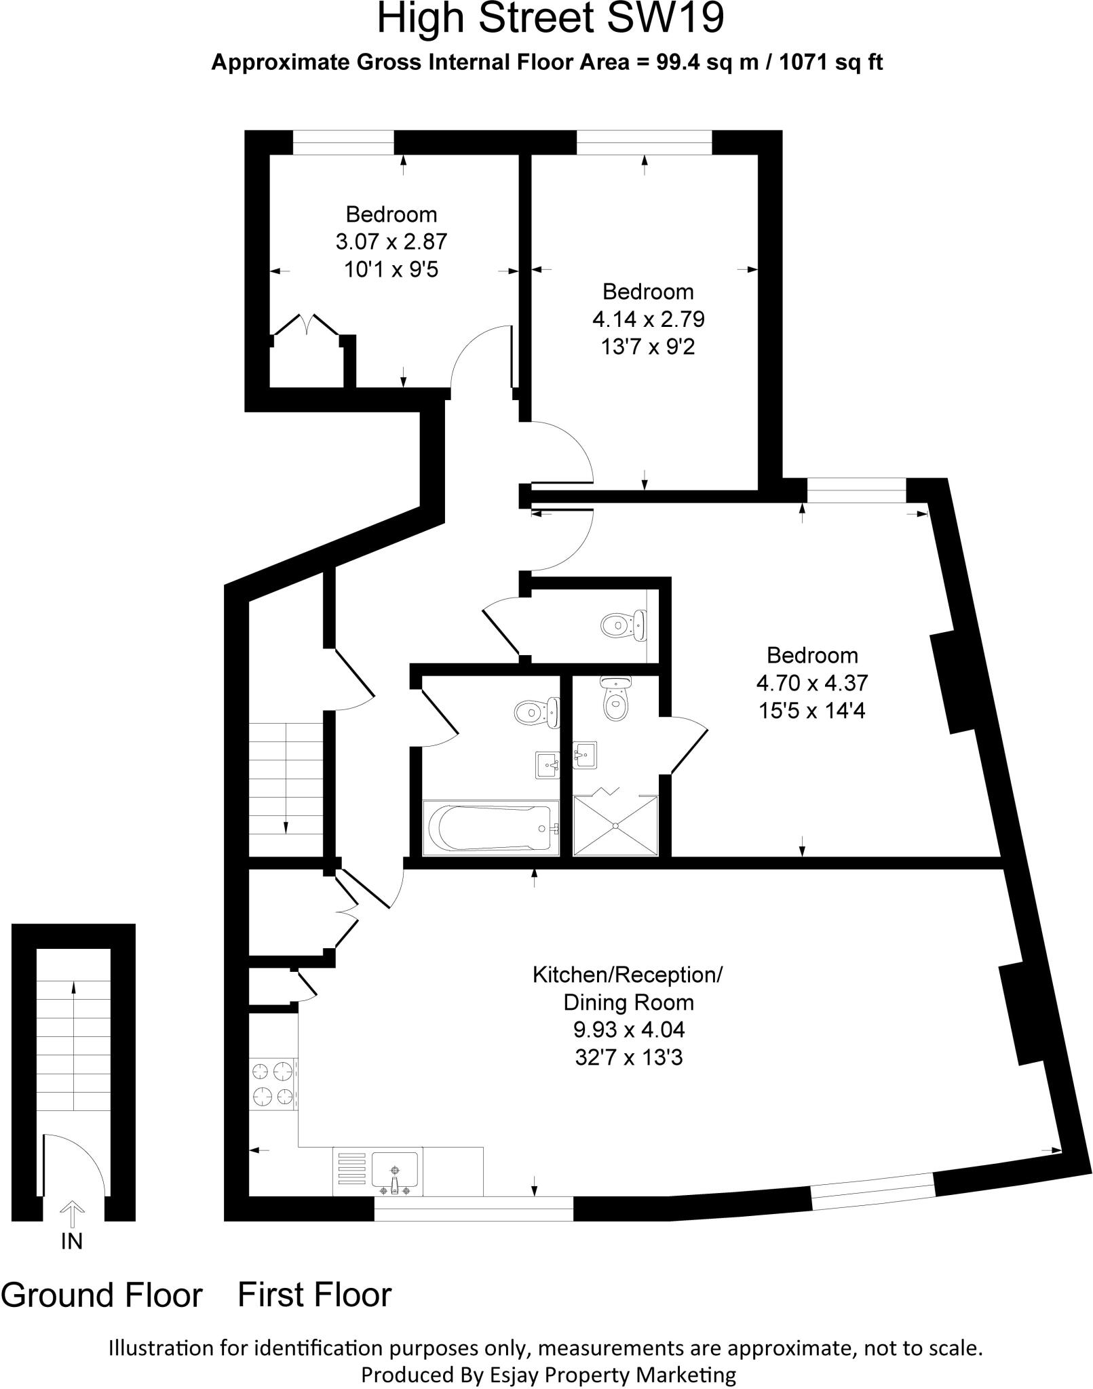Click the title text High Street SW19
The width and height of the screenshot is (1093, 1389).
click(x=550, y=19)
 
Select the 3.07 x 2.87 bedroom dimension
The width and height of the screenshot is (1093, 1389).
click(x=391, y=241)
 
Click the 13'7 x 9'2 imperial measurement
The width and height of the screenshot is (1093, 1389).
click(x=648, y=347)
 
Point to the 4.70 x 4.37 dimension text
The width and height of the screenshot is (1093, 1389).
click(x=812, y=682)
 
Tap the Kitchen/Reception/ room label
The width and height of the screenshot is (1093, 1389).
click(x=628, y=975)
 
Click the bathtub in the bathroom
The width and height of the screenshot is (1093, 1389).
click(x=491, y=828)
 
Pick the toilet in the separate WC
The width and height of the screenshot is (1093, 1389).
click(x=623, y=623)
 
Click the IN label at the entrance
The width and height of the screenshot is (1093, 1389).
click(x=71, y=1241)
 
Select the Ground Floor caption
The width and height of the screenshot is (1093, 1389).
click(x=102, y=1295)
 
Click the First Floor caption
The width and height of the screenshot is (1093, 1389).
click(x=315, y=1294)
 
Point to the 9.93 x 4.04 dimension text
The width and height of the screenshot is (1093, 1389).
click(x=629, y=1030)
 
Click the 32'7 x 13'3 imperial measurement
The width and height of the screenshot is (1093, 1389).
click(x=629, y=1057)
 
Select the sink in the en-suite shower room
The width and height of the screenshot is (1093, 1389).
click(x=584, y=755)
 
